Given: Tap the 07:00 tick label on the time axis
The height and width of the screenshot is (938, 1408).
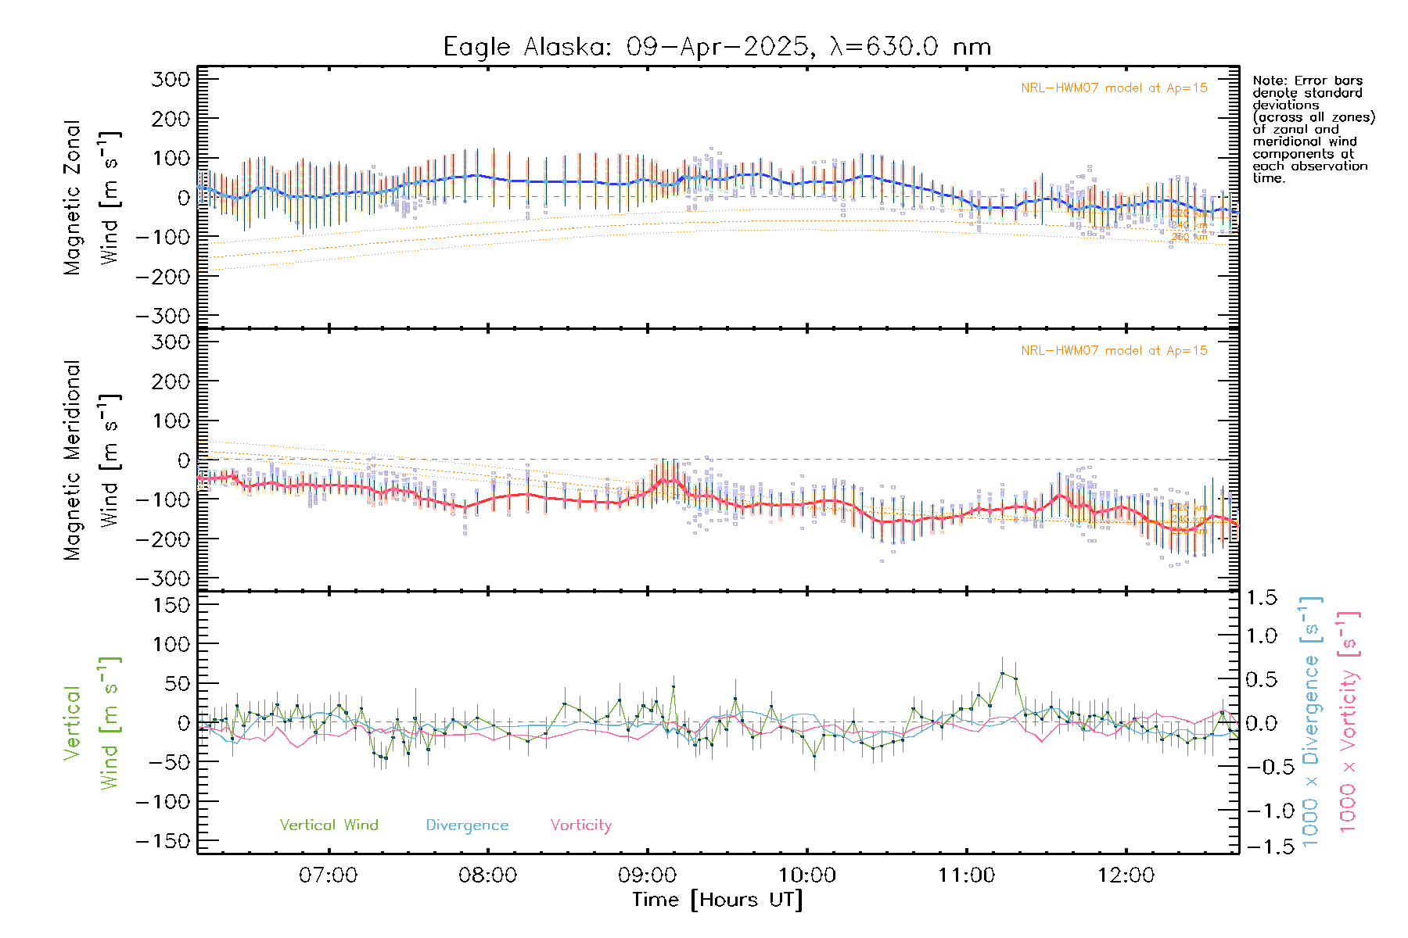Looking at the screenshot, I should pos(329,875).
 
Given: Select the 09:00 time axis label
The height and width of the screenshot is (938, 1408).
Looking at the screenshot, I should pos(648,875).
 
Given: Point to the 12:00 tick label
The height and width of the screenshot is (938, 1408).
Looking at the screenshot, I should pos(1126,875).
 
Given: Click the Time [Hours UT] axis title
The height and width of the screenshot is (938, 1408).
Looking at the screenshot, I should pos(717,900).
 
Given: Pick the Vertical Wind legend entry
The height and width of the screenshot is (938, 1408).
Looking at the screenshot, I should pos(329,825).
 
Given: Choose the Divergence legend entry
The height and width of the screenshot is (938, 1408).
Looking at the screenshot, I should pos(467,825).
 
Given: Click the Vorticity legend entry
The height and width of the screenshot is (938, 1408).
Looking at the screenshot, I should pos(580,825).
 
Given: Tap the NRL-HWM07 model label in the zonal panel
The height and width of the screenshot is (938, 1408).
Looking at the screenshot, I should pos(1114,88).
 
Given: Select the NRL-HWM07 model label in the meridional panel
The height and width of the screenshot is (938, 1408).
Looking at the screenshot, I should pos(1114,350).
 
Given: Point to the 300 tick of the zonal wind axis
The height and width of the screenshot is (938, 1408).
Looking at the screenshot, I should pos(171,79).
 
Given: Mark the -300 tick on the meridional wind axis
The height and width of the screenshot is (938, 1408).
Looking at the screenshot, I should pos(163,578).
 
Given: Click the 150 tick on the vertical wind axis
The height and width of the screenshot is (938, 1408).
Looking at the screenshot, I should pos(171,604).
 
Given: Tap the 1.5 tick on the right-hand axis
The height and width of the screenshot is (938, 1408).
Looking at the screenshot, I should pos(1262,598).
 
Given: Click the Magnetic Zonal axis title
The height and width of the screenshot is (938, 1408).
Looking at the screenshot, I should pos(72,197).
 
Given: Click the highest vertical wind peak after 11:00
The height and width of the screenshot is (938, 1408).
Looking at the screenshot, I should pos(1002,673).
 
